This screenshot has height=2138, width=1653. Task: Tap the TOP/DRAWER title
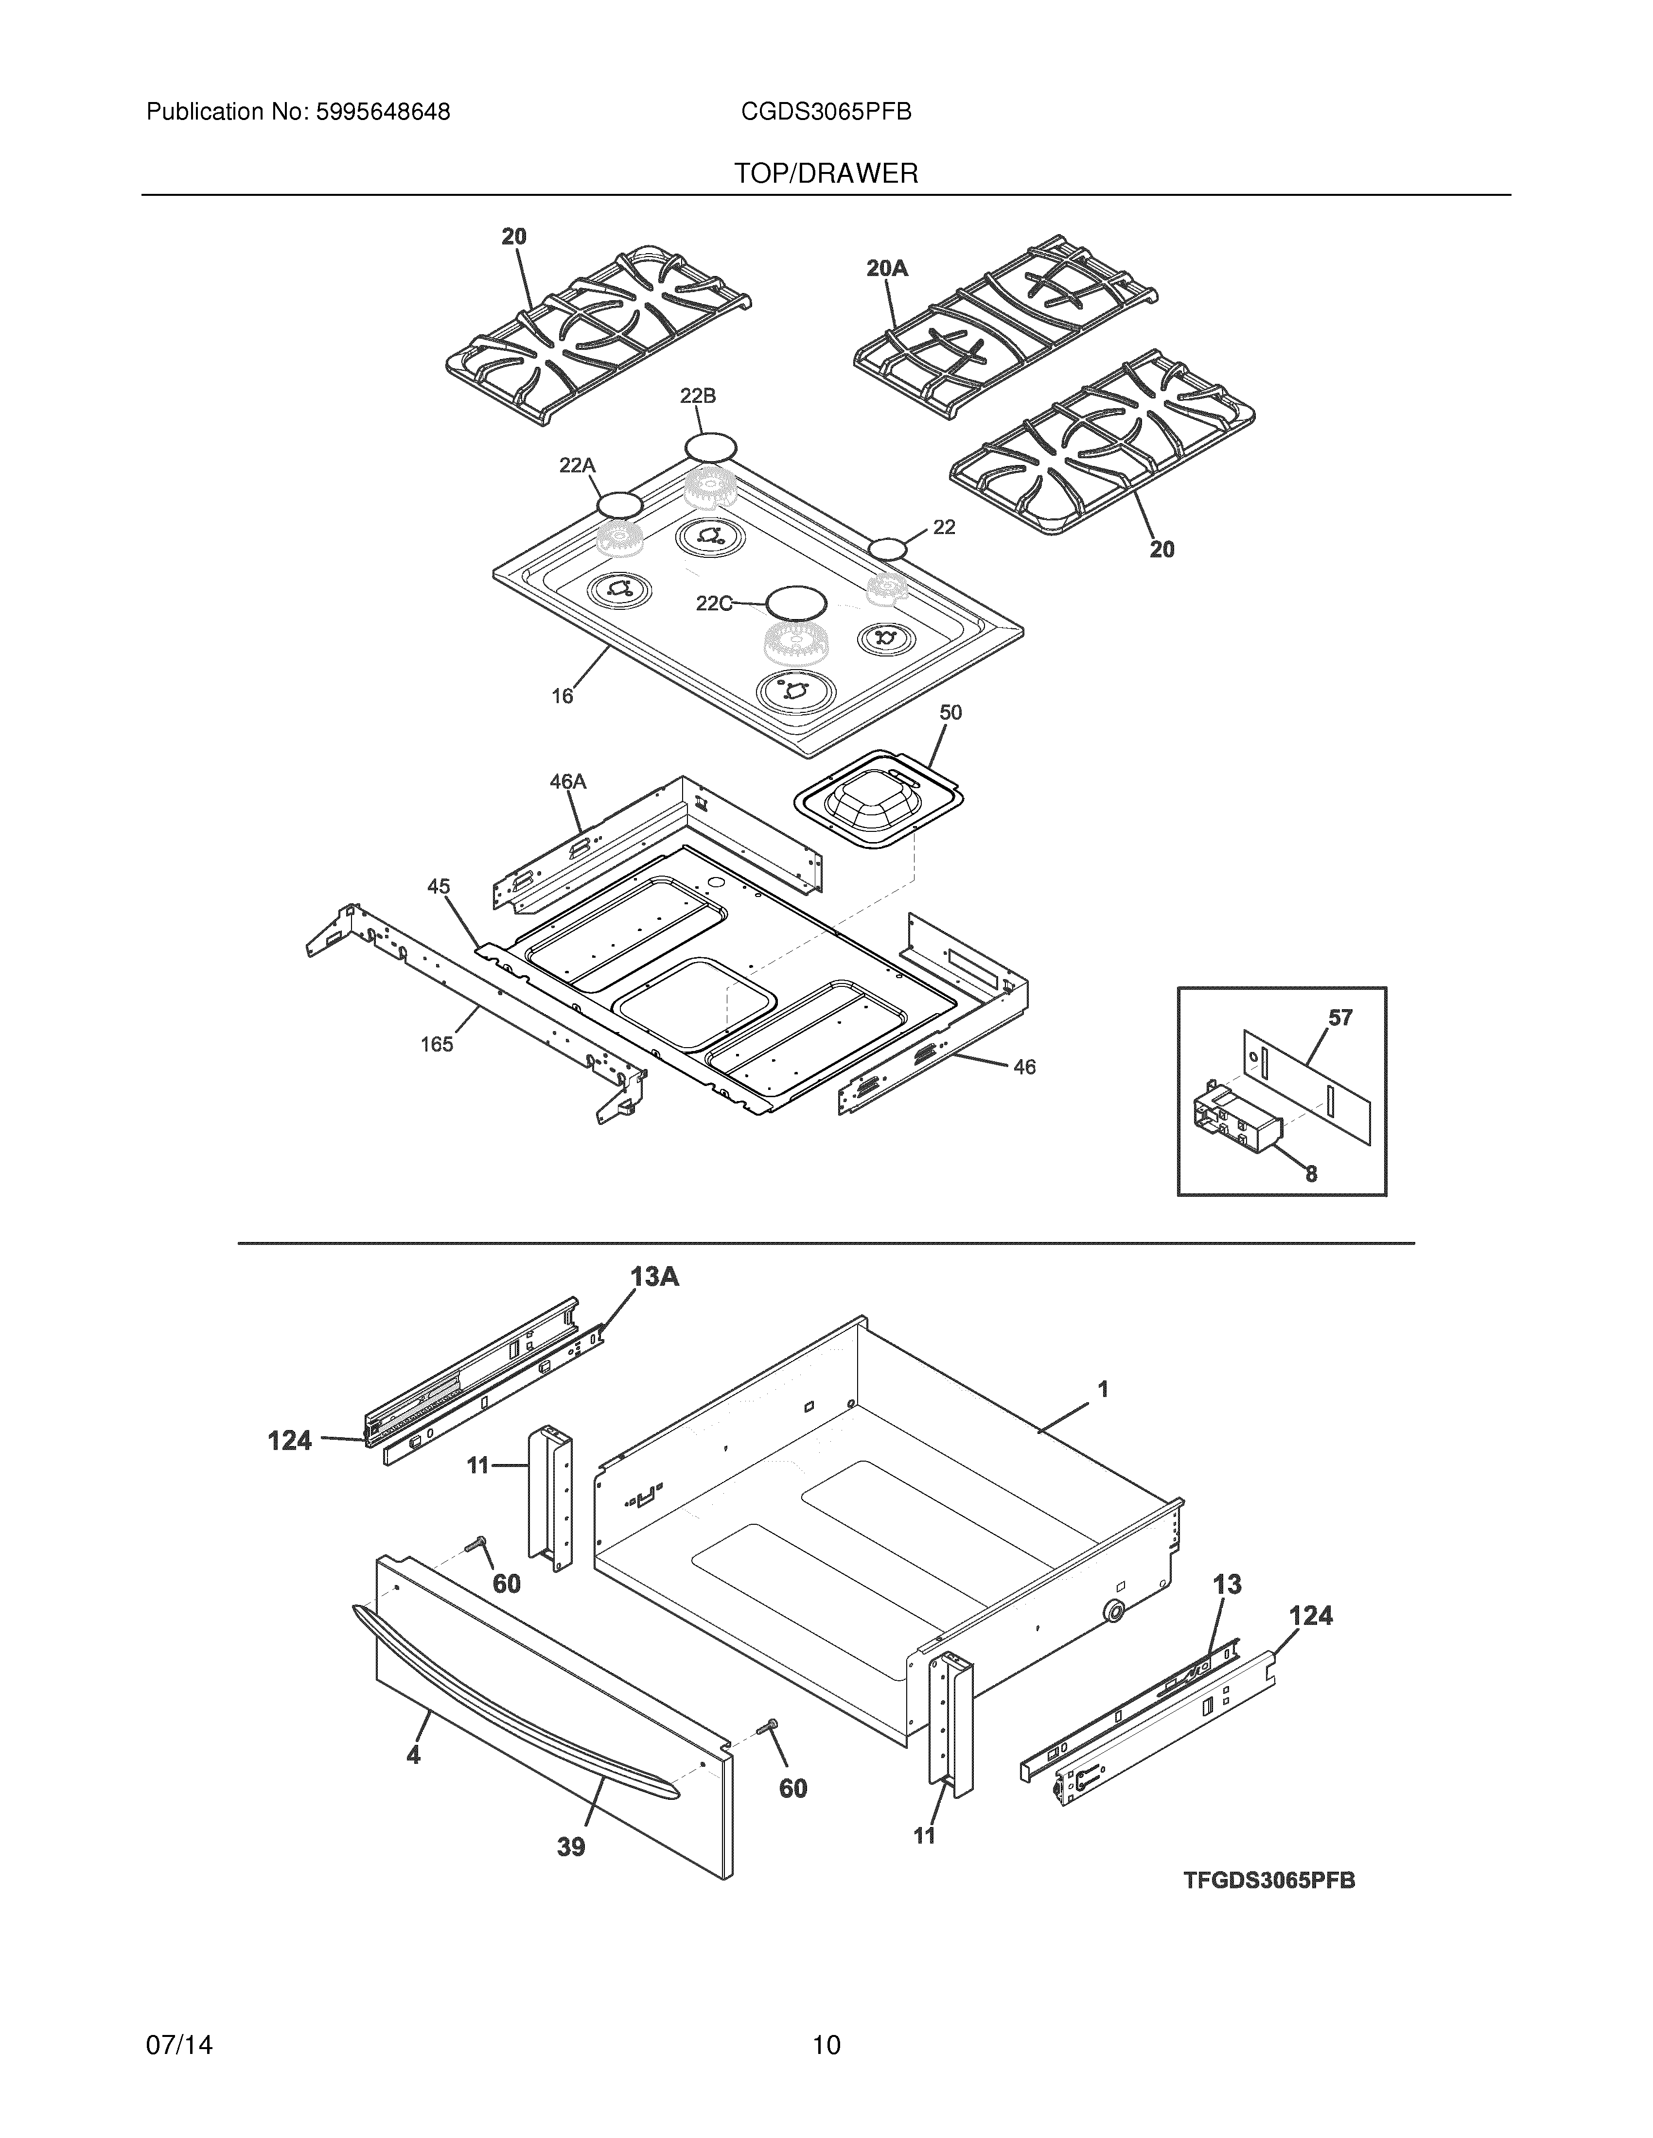pos(826,174)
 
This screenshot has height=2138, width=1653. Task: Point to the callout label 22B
pos(697,396)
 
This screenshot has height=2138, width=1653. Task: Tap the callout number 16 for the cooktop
pos(562,696)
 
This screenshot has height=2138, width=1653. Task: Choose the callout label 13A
pos(654,1276)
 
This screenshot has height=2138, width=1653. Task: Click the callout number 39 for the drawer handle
pos(571,1847)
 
